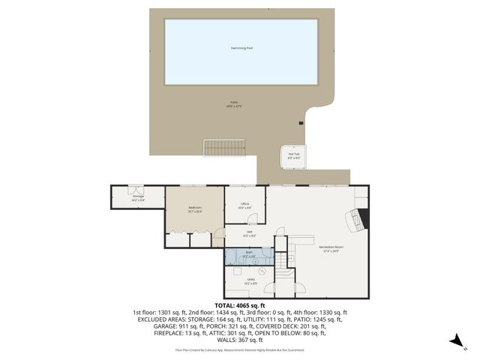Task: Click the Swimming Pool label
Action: coord(241,48)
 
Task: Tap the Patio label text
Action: coord(234,104)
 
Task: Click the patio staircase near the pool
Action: coord(224,148)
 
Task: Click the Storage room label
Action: coord(137,198)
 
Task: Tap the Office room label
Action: coord(244,205)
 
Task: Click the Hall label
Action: coord(249,233)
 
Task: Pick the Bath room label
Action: coord(248,255)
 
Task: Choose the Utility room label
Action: coord(250,282)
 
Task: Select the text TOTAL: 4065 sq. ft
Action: coord(240,305)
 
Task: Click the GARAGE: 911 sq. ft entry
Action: coord(159,326)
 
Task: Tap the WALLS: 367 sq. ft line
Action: coord(240,340)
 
